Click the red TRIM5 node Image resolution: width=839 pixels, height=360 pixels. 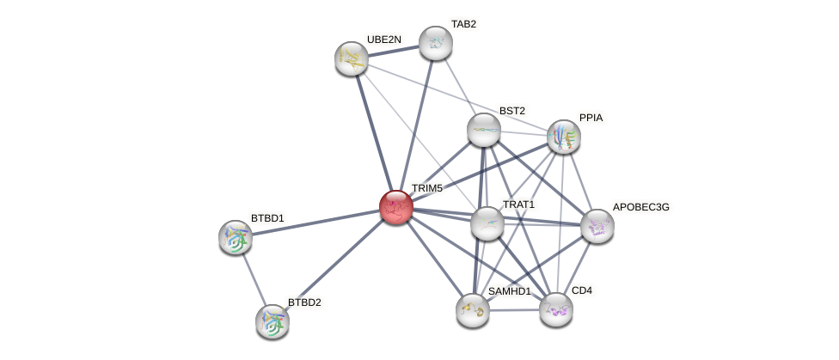pos(396,207)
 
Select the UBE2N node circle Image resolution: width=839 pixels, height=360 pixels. pos(352,58)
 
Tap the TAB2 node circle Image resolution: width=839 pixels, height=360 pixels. pos(436,43)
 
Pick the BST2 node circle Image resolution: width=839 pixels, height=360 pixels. pos(484,130)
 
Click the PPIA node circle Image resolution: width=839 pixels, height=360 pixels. pos(564,137)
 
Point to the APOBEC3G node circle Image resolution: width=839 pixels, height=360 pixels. pos(597,226)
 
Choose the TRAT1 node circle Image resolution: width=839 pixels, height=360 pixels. pos(487,223)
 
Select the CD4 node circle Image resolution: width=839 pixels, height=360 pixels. pos(556,309)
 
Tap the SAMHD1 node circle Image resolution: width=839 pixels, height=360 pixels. pos(473,310)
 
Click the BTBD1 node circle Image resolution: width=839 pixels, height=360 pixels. pos(236,237)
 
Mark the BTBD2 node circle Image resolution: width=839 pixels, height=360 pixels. pos(273,321)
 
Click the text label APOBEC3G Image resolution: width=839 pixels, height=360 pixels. pos(640,207)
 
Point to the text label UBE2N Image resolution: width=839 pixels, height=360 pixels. pos(383,40)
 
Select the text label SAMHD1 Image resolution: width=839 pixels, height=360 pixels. pos(509,291)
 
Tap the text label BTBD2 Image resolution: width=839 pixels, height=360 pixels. pos(304,302)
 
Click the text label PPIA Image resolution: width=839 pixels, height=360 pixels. pos(591,118)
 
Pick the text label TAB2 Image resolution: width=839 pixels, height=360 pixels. pos(463,24)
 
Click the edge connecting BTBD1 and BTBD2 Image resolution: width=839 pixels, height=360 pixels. pos(254,279)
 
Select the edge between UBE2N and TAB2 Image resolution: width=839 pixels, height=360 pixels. pos(394,51)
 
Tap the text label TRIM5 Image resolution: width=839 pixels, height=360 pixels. pos(426,188)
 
